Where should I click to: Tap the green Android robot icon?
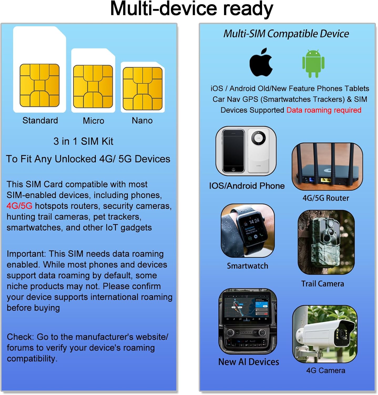point(313,64)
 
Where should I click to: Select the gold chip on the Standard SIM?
point(39,85)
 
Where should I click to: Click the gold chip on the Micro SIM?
point(93,87)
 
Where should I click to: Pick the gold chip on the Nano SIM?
point(142,88)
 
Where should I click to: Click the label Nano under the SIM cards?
point(142,121)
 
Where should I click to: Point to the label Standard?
point(40,121)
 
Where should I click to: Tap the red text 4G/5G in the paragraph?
point(19,206)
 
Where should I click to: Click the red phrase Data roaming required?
point(324,110)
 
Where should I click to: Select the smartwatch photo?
point(248,231)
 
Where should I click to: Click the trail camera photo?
point(326,242)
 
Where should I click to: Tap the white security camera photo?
point(325,334)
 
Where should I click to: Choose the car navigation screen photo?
point(248,321)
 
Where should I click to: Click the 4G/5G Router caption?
point(326,198)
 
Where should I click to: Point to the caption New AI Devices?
point(249,362)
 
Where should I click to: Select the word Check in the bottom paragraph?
point(20,337)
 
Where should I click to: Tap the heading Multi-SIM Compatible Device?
point(286,34)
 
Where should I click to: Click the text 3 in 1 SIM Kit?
point(83,141)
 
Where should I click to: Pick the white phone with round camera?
point(259,151)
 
